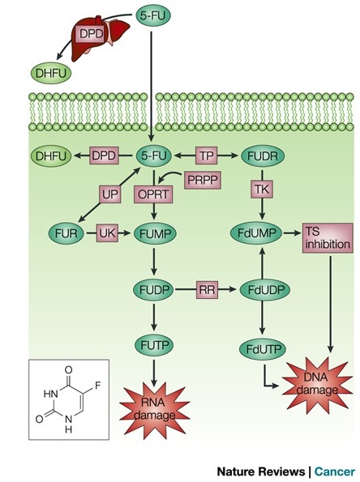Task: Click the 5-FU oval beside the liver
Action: click(x=153, y=15)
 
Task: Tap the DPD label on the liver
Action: click(x=91, y=33)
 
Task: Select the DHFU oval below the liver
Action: click(x=51, y=73)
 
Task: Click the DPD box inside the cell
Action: click(x=104, y=156)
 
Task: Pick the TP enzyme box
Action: click(x=206, y=156)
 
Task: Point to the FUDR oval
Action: click(x=263, y=156)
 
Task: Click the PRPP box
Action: click(x=203, y=180)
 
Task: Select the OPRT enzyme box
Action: click(x=153, y=194)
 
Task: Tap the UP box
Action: click(x=109, y=194)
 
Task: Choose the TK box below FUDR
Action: click(x=262, y=190)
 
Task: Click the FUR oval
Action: click(x=66, y=233)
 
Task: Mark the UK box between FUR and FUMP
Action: click(x=107, y=233)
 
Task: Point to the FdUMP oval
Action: click(x=256, y=233)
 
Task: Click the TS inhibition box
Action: click(x=328, y=238)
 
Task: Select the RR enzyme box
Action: click(x=207, y=289)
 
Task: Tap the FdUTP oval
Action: click(x=263, y=349)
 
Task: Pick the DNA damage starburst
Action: click(x=317, y=384)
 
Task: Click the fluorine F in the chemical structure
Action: click(x=98, y=385)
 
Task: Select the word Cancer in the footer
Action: click(x=335, y=471)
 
